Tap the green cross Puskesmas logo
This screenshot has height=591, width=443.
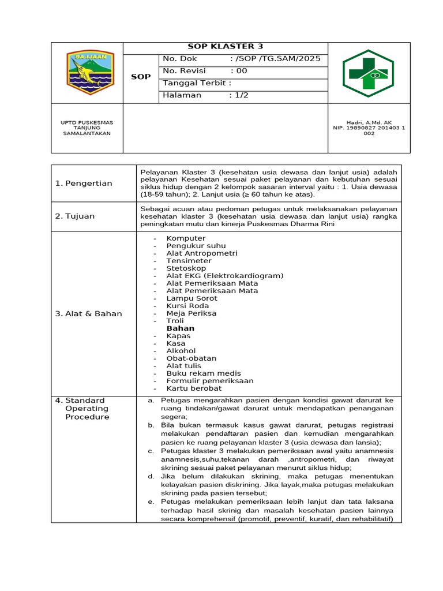click(369, 73)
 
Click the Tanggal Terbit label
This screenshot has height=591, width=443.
click(197, 83)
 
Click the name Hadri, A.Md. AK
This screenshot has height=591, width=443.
click(369, 122)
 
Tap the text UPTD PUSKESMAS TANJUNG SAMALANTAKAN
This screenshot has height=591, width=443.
click(87, 128)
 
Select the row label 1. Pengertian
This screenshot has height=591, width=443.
click(84, 184)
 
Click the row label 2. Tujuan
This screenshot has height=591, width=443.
click(75, 216)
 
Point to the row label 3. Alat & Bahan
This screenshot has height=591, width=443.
click(88, 314)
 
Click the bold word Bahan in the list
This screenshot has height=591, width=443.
click(181, 328)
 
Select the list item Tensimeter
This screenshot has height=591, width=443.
click(189, 261)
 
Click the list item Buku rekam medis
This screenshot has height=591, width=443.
click(204, 373)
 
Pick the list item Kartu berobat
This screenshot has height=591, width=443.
click(193, 388)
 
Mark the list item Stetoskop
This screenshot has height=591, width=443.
click(186, 268)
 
